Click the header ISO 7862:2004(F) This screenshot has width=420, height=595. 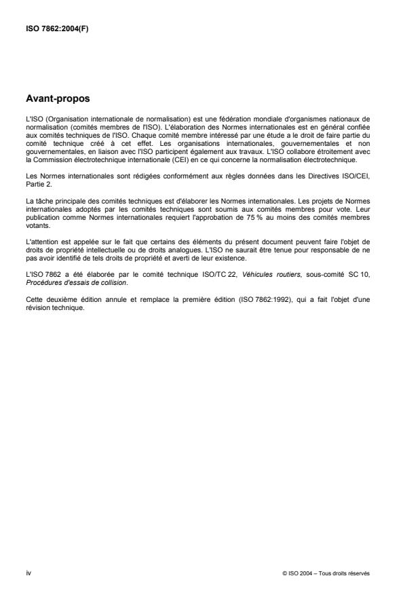(x=48, y=28)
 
